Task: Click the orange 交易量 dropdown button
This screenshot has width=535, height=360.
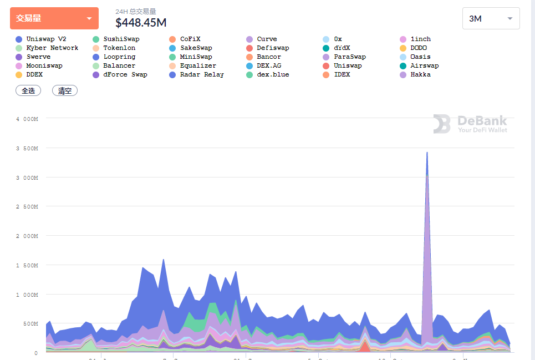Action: click(x=54, y=18)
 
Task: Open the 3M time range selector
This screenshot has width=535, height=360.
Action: click(x=491, y=18)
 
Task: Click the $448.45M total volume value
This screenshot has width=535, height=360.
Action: click(x=141, y=22)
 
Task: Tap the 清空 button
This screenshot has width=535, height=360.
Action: click(x=65, y=90)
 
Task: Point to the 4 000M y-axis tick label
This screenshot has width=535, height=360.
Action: click(x=27, y=119)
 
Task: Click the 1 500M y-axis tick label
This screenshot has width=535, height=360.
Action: click(x=27, y=265)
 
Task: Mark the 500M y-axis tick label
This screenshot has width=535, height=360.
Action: click(x=30, y=324)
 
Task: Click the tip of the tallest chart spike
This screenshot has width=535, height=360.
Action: click(x=427, y=153)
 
